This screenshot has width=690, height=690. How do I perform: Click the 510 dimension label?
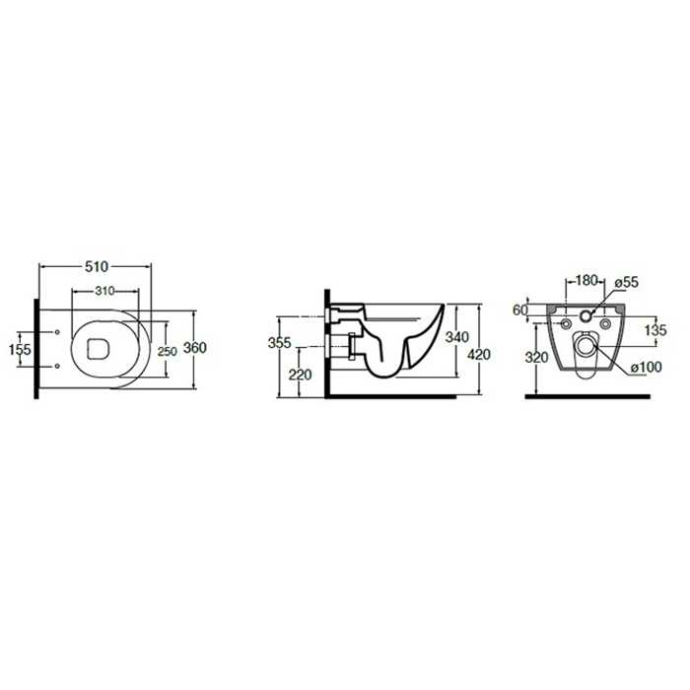point(97,267)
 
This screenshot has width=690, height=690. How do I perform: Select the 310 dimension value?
point(104,291)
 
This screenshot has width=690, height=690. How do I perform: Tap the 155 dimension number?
point(21,349)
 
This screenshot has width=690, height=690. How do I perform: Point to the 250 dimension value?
point(168,352)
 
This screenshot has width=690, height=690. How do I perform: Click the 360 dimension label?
point(194,348)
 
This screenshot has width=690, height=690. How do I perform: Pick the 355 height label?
point(279,342)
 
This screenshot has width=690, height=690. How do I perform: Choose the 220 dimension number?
point(300,375)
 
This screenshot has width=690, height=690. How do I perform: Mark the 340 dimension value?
point(457,337)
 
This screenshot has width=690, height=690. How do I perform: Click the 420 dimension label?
point(479,354)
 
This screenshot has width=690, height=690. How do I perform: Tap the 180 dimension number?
point(587,280)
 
